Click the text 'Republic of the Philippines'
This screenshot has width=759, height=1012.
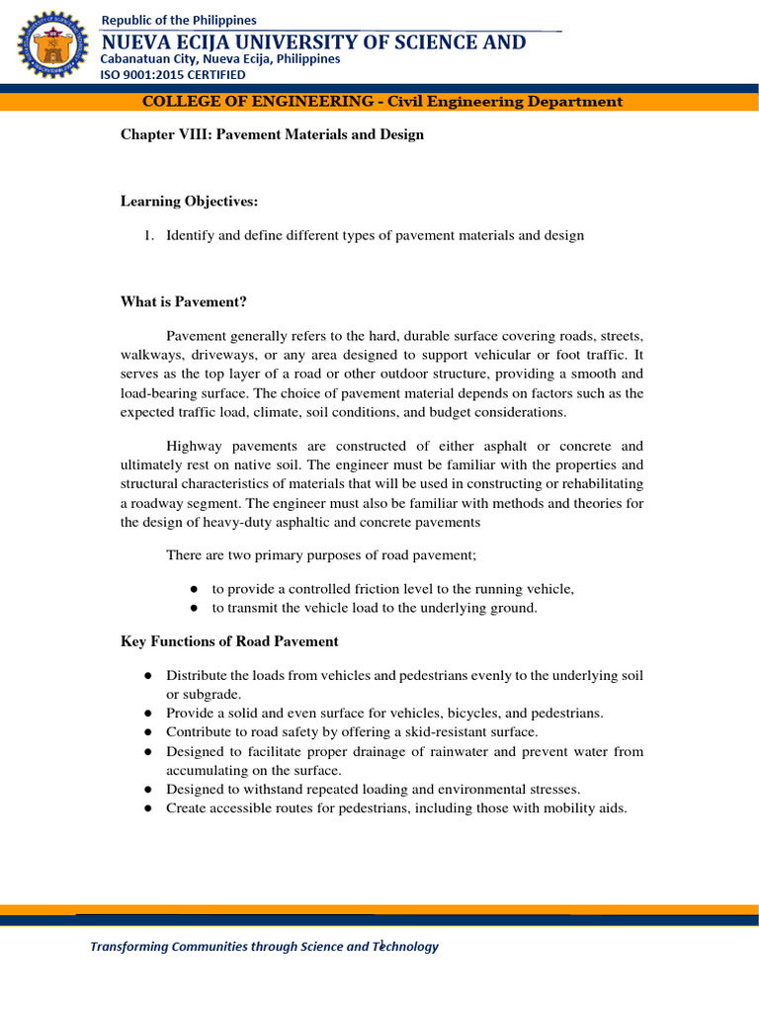(x=179, y=20)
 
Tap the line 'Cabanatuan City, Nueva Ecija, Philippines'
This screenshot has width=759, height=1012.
(x=220, y=58)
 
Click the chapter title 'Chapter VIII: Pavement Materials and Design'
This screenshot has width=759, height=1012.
(x=272, y=134)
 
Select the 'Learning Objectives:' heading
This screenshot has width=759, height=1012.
(x=189, y=202)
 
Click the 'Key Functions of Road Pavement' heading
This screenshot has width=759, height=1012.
(x=229, y=641)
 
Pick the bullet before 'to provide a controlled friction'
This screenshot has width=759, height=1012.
(x=196, y=589)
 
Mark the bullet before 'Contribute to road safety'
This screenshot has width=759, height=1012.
(x=146, y=732)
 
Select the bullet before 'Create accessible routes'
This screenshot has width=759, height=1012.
(x=146, y=808)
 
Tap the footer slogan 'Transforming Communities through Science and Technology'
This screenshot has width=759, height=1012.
(x=264, y=947)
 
